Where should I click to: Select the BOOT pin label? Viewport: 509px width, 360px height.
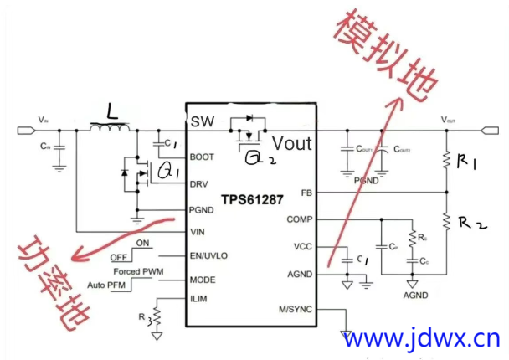pyautogui.click(x=203, y=157)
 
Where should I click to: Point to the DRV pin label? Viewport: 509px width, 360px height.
pyautogui.click(x=201, y=183)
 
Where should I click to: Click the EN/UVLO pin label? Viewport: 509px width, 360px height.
pyautogui.click(x=208, y=255)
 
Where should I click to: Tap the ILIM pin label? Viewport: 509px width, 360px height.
pyautogui.click(x=200, y=299)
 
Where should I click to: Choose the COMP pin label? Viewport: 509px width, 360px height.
pyautogui.click(x=298, y=219)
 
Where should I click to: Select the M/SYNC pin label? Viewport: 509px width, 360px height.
pyautogui.click(x=296, y=309)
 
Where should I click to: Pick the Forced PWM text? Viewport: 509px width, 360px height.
pyautogui.click(x=137, y=270)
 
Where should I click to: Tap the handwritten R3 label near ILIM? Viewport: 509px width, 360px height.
pyautogui.click(x=143, y=317)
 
